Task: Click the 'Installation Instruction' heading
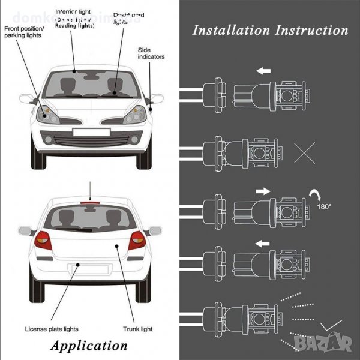point(270,30)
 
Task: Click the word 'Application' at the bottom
point(89,345)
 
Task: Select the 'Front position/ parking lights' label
point(24,31)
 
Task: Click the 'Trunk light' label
point(139,328)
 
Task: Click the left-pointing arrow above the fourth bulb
point(263,244)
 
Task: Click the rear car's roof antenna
point(90,191)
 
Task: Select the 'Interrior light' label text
point(74,11)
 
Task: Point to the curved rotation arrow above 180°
point(316,194)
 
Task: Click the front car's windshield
point(90,83)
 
